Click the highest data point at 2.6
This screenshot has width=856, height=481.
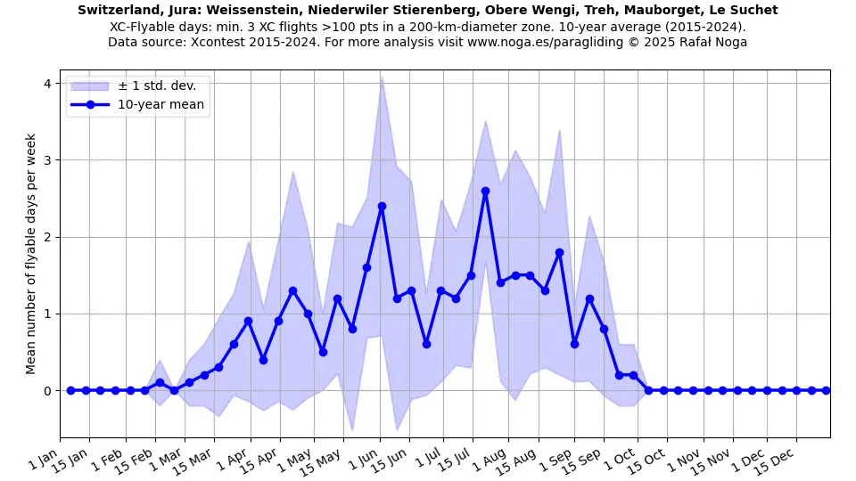pyautogui.click(x=485, y=191)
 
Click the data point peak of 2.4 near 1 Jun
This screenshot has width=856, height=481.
pyautogui.click(x=382, y=206)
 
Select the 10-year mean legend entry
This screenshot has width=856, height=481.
pyautogui.click(x=160, y=105)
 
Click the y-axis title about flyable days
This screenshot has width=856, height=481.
pyautogui.click(x=31, y=254)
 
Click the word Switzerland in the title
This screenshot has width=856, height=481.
pyautogui.click(x=118, y=10)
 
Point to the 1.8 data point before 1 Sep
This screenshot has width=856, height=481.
pyautogui.click(x=559, y=252)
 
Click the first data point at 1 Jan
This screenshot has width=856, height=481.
pyautogui.click(x=70, y=390)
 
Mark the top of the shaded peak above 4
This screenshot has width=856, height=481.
pyautogui.click(x=382, y=77)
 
